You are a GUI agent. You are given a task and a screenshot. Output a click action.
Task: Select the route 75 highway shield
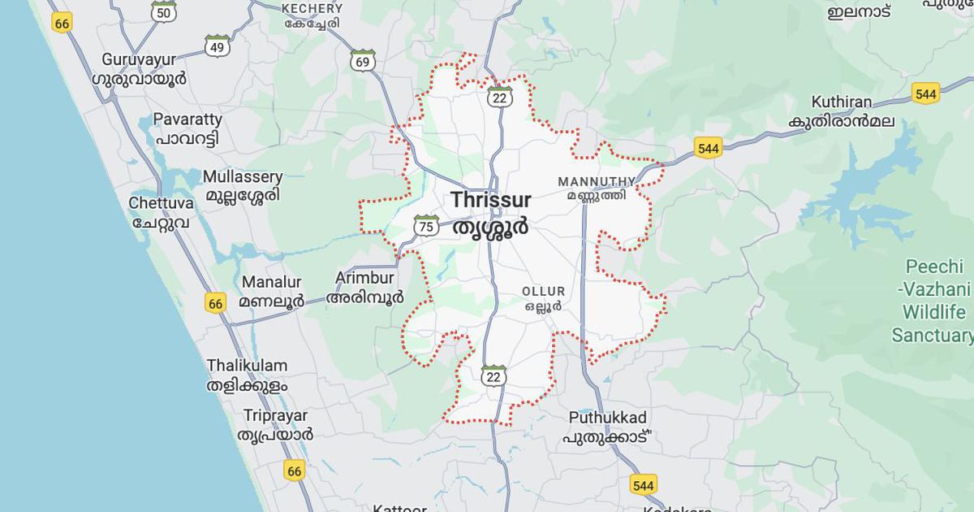[426, 226]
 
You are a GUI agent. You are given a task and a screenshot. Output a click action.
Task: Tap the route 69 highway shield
[363, 61]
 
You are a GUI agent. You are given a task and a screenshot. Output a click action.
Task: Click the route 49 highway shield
[217, 46]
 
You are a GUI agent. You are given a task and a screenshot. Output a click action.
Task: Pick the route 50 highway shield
[164, 11]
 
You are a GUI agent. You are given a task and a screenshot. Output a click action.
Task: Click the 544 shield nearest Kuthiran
[925, 93]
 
